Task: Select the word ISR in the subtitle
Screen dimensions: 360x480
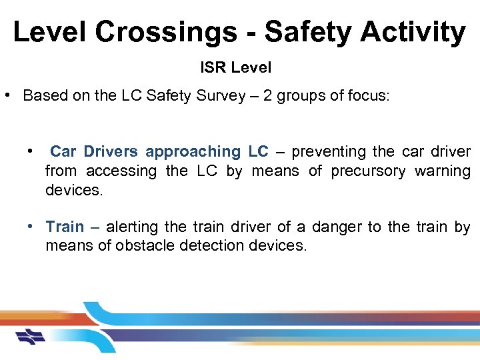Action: [213, 67]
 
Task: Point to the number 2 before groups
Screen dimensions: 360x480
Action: [267, 95]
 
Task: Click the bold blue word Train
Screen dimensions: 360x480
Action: [65, 227]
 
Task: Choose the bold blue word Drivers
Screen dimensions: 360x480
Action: [111, 152]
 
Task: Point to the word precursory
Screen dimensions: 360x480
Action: [368, 171]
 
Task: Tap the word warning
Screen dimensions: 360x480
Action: [443, 171]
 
